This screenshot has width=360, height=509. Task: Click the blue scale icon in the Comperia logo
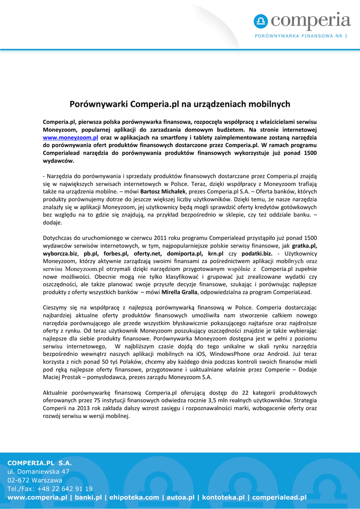(261, 21)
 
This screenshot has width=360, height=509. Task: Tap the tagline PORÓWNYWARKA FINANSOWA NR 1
(301, 36)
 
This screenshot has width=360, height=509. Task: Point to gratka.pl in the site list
(304, 246)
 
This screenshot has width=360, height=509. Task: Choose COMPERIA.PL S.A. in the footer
(40, 463)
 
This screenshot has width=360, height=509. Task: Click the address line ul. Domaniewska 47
(38, 471)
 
